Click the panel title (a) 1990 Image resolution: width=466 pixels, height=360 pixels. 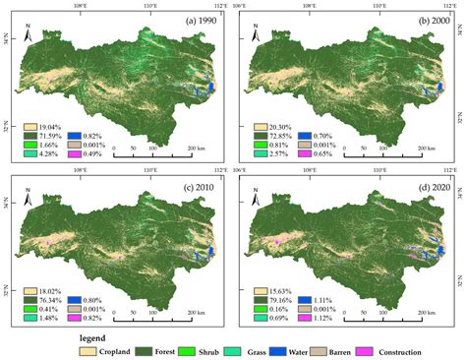click(196, 21)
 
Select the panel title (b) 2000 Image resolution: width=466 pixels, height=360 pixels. click(426, 21)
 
